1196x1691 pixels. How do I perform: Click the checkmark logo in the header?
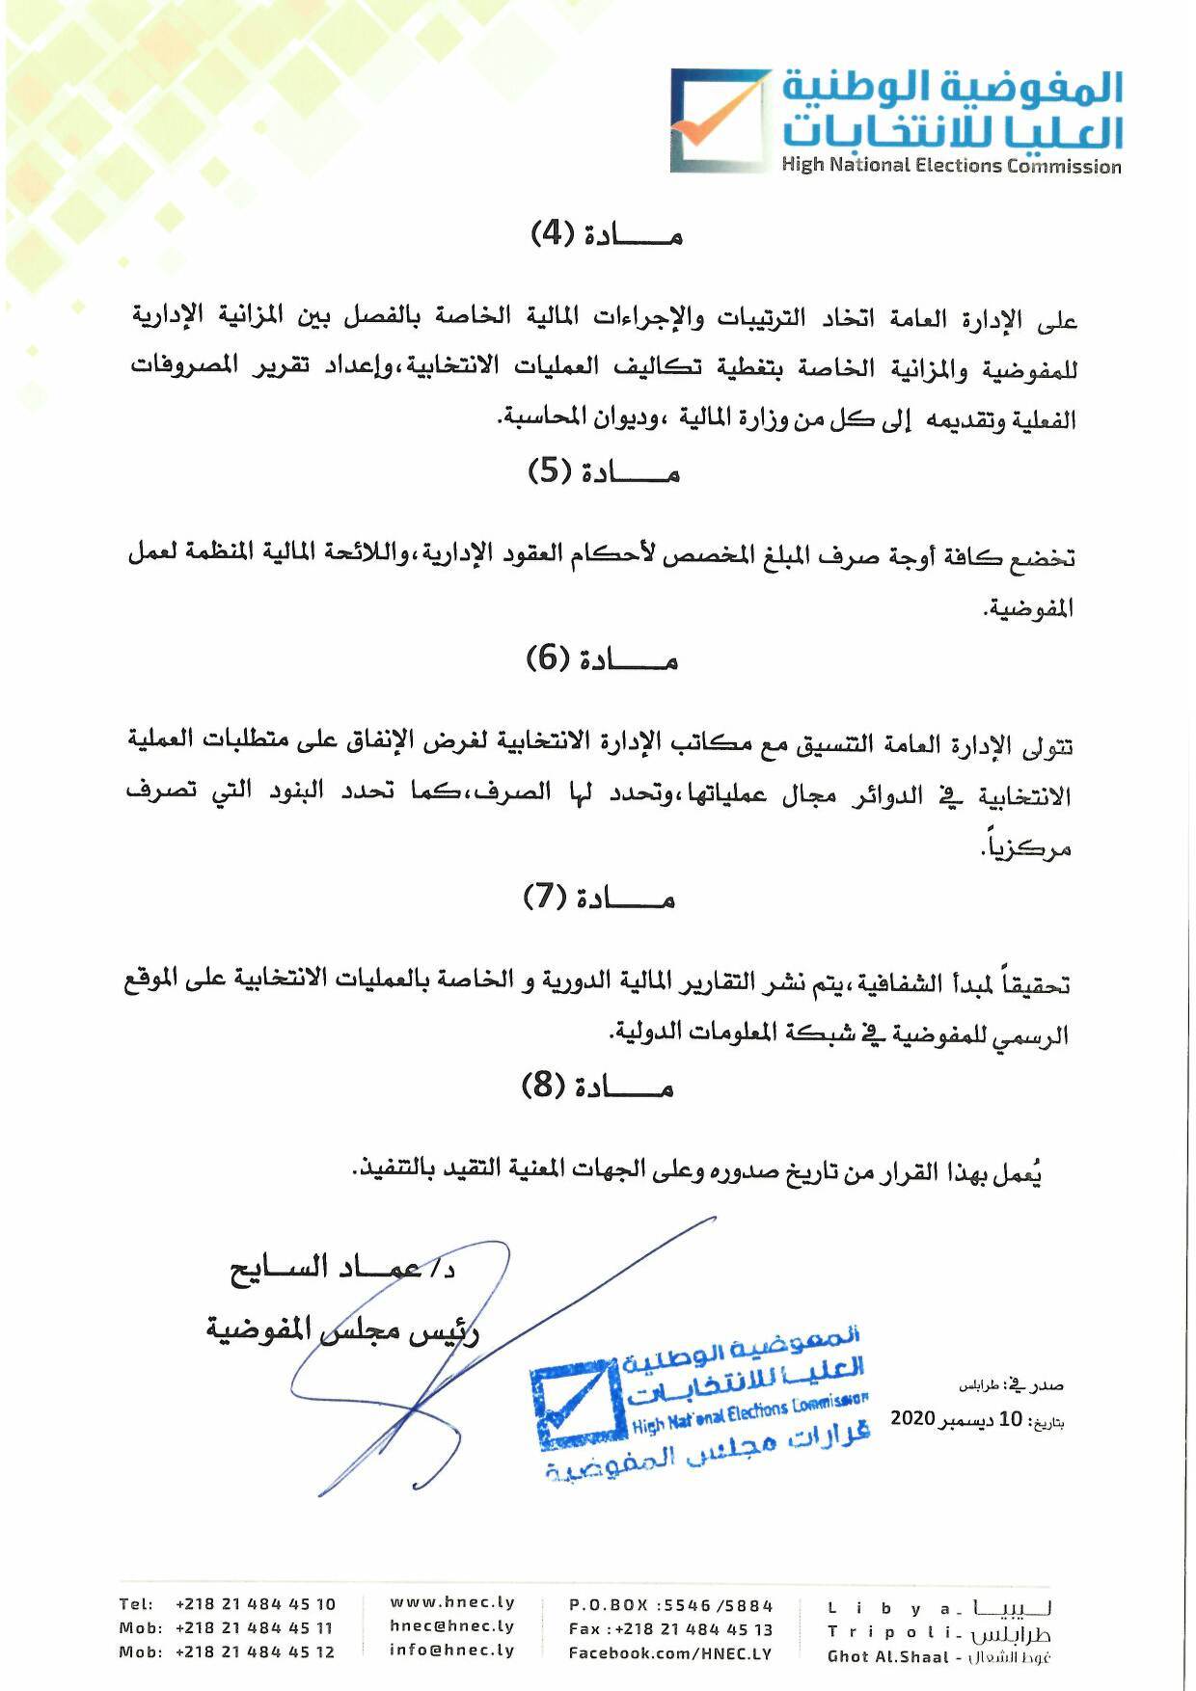tap(719, 121)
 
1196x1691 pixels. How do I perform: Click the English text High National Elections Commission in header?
tap(951, 166)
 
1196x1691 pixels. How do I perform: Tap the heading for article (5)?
tap(604, 471)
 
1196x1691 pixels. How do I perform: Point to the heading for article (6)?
tap(602, 659)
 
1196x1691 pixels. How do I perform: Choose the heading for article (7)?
tap(599, 899)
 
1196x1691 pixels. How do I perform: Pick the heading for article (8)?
tap(597, 1087)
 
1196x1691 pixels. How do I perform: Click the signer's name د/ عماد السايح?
tap(343, 1269)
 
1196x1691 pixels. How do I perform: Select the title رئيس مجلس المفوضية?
tap(342, 1329)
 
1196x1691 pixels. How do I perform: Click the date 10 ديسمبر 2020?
tap(955, 1419)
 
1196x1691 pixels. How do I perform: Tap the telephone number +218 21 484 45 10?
tap(255, 1604)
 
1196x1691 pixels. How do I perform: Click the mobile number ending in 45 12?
tap(255, 1651)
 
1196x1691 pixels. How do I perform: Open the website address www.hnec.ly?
tap(452, 1602)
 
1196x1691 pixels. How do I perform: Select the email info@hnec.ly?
tap(452, 1650)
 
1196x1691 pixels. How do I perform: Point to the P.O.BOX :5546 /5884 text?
tap(670, 1605)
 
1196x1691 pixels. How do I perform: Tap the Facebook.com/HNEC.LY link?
tap(670, 1652)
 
